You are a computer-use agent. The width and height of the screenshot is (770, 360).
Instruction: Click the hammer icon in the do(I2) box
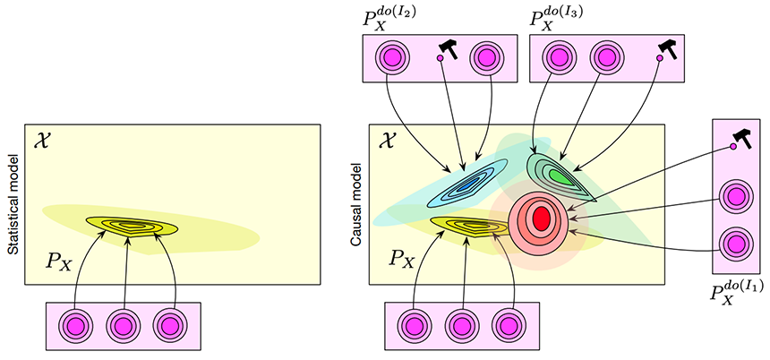coord(448,48)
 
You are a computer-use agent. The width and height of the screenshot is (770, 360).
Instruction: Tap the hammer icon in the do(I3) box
coord(667,48)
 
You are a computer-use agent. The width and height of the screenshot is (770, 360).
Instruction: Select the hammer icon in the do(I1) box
coord(740,139)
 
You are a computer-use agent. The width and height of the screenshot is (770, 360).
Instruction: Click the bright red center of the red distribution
coord(541,218)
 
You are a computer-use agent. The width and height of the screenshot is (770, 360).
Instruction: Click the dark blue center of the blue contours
coord(465,184)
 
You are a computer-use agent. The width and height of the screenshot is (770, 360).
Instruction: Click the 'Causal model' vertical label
coord(357,205)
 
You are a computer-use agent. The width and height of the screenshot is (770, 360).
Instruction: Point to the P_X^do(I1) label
coord(734,295)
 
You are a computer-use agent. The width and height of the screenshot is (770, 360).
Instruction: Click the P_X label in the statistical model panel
coord(58,262)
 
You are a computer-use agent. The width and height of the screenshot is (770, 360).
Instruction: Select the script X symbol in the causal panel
coord(385,141)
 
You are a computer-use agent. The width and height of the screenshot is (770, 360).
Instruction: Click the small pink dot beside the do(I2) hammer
coord(440,58)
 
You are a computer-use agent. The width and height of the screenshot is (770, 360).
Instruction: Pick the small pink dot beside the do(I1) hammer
coord(732,147)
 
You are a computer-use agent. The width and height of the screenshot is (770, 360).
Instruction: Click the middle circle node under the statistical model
coord(124,326)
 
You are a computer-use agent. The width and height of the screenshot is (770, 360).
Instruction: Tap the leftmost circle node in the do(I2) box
coord(392,57)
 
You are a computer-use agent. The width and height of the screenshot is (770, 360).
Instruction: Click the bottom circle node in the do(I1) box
coord(736,244)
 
